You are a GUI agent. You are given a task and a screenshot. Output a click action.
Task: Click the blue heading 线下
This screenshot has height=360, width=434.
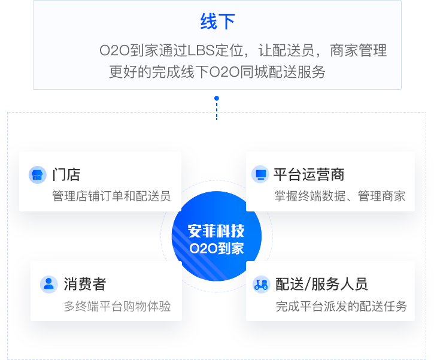(217, 22)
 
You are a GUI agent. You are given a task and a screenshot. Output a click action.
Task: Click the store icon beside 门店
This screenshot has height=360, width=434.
(37, 175)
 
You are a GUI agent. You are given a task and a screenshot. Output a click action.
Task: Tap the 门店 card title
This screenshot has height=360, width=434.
(66, 175)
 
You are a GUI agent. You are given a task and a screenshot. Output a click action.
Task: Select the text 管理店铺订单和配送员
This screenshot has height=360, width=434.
(111, 196)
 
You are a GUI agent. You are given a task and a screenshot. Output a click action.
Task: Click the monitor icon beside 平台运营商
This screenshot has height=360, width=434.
(260, 175)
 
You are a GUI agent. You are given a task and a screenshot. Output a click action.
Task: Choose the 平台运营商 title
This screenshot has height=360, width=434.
(309, 175)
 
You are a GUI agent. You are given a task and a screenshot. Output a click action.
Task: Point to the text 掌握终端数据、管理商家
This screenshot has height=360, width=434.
(340, 196)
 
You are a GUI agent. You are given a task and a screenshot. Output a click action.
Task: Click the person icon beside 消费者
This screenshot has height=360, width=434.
(48, 284)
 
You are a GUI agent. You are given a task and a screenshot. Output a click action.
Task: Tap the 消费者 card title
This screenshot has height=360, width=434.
(85, 284)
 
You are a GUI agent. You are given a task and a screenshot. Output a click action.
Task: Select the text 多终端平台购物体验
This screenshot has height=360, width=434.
(117, 306)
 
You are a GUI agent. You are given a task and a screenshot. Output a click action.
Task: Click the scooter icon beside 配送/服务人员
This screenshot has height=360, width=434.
(261, 284)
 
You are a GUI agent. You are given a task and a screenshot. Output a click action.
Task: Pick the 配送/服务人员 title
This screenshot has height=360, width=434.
(321, 284)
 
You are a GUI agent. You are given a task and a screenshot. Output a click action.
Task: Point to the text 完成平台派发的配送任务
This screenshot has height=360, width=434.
(341, 306)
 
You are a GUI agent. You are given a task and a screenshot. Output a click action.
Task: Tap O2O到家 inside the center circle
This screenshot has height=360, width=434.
(216, 247)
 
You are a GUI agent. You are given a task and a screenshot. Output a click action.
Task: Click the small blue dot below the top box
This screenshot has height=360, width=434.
(217, 98)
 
